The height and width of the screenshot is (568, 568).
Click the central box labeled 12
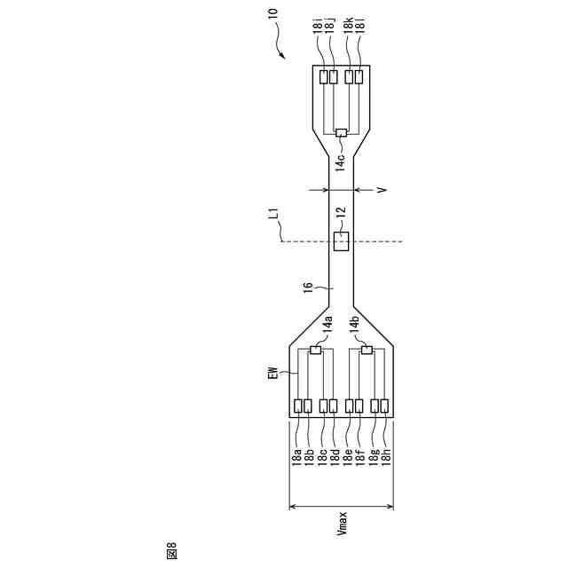341,241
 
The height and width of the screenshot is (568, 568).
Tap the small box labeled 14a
316,350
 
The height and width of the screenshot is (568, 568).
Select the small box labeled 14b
367,350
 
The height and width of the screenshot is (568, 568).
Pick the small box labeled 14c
341,133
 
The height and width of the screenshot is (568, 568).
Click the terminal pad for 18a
298,406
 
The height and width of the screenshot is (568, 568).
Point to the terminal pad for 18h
384,406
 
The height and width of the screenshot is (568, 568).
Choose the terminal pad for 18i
323,77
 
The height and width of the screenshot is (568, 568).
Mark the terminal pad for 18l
359,77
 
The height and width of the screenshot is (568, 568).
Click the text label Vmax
342,523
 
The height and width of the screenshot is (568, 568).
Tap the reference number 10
273,13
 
